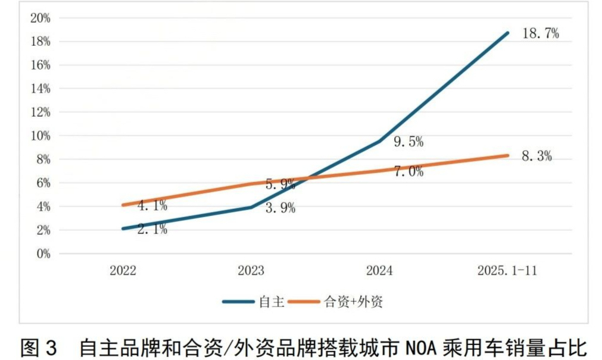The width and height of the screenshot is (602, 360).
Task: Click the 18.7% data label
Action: tap(540, 34)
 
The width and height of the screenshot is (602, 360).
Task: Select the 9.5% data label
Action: tap(408, 142)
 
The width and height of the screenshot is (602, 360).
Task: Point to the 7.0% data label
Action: tap(408, 172)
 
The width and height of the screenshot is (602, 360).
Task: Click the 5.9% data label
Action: tap(280, 184)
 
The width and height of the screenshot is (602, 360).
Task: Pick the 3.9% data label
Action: tap(280, 209)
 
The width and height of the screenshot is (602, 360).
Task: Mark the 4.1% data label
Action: tap(152, 206)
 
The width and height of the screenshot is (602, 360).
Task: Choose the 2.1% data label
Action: tap(152, 229)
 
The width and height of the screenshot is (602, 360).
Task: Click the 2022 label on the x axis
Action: tap(123, 271)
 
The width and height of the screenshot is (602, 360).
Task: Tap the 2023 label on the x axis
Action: tap(251, 271)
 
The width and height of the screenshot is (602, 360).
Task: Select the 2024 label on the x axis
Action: tap(379, 271)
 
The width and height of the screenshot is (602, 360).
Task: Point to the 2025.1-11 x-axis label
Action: tap(507, 271)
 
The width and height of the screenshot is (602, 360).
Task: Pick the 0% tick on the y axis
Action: tap(43, 253)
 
